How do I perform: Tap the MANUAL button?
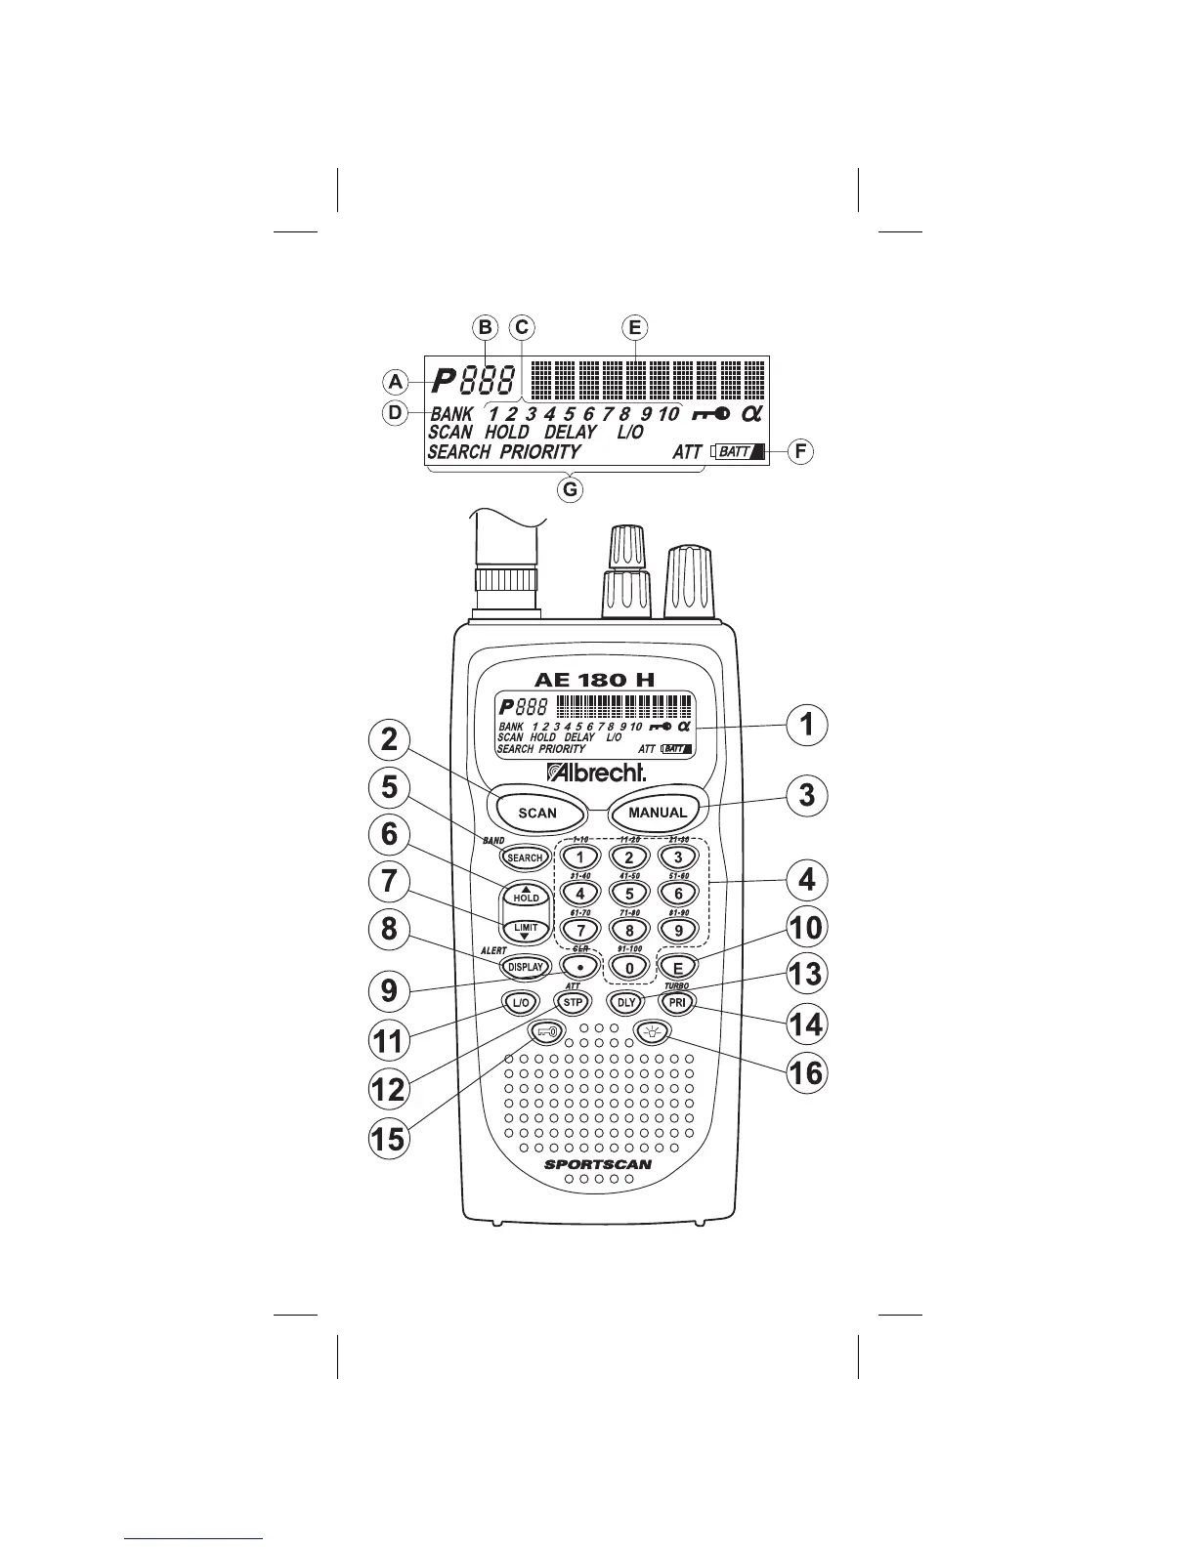pyautogui.click(x=658, y=812)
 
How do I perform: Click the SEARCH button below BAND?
pyautogui.click(x=525, y=857)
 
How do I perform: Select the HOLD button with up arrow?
pyautogui.click(x=526, y=895)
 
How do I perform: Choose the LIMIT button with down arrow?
pyautogui.click(x=526, y=929)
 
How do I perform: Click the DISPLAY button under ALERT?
pyautogui.click(x=525, y=967)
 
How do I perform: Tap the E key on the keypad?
pyautogui.click(x=678, y=967)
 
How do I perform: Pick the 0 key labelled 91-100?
pyautogui.click(x=629, y=968)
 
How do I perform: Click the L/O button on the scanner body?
pyautogui.click(x=521, y=1002)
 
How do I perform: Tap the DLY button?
pyautogui.click(x=626, y=1002)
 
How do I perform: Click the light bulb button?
pyautogui.click(x=652, y=1031)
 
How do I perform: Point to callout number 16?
pyautogui.click(x=806, y=1072)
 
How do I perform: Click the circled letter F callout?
pyautogui.click(x=800, y=452)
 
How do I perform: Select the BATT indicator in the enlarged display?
pyautogui.click(x=739, y=452)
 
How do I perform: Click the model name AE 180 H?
pyautogui.click(x=593, y=680)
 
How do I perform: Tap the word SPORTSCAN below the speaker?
pyautogui.click(x=598, y=1164)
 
